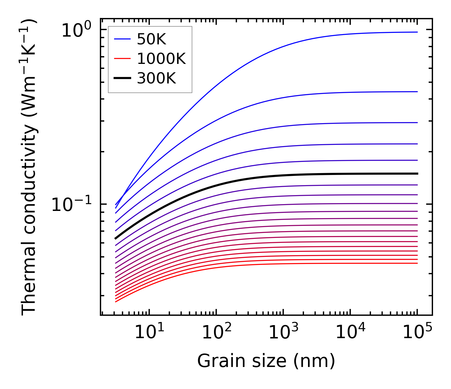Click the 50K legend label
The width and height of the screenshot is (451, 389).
click(151, 39)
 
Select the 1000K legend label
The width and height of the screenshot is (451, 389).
click(161, 59)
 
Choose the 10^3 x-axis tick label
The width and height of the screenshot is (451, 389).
click(283, 332)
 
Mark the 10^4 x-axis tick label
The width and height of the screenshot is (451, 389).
click(350, 332)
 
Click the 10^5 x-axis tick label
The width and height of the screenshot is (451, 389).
click(417, 332)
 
